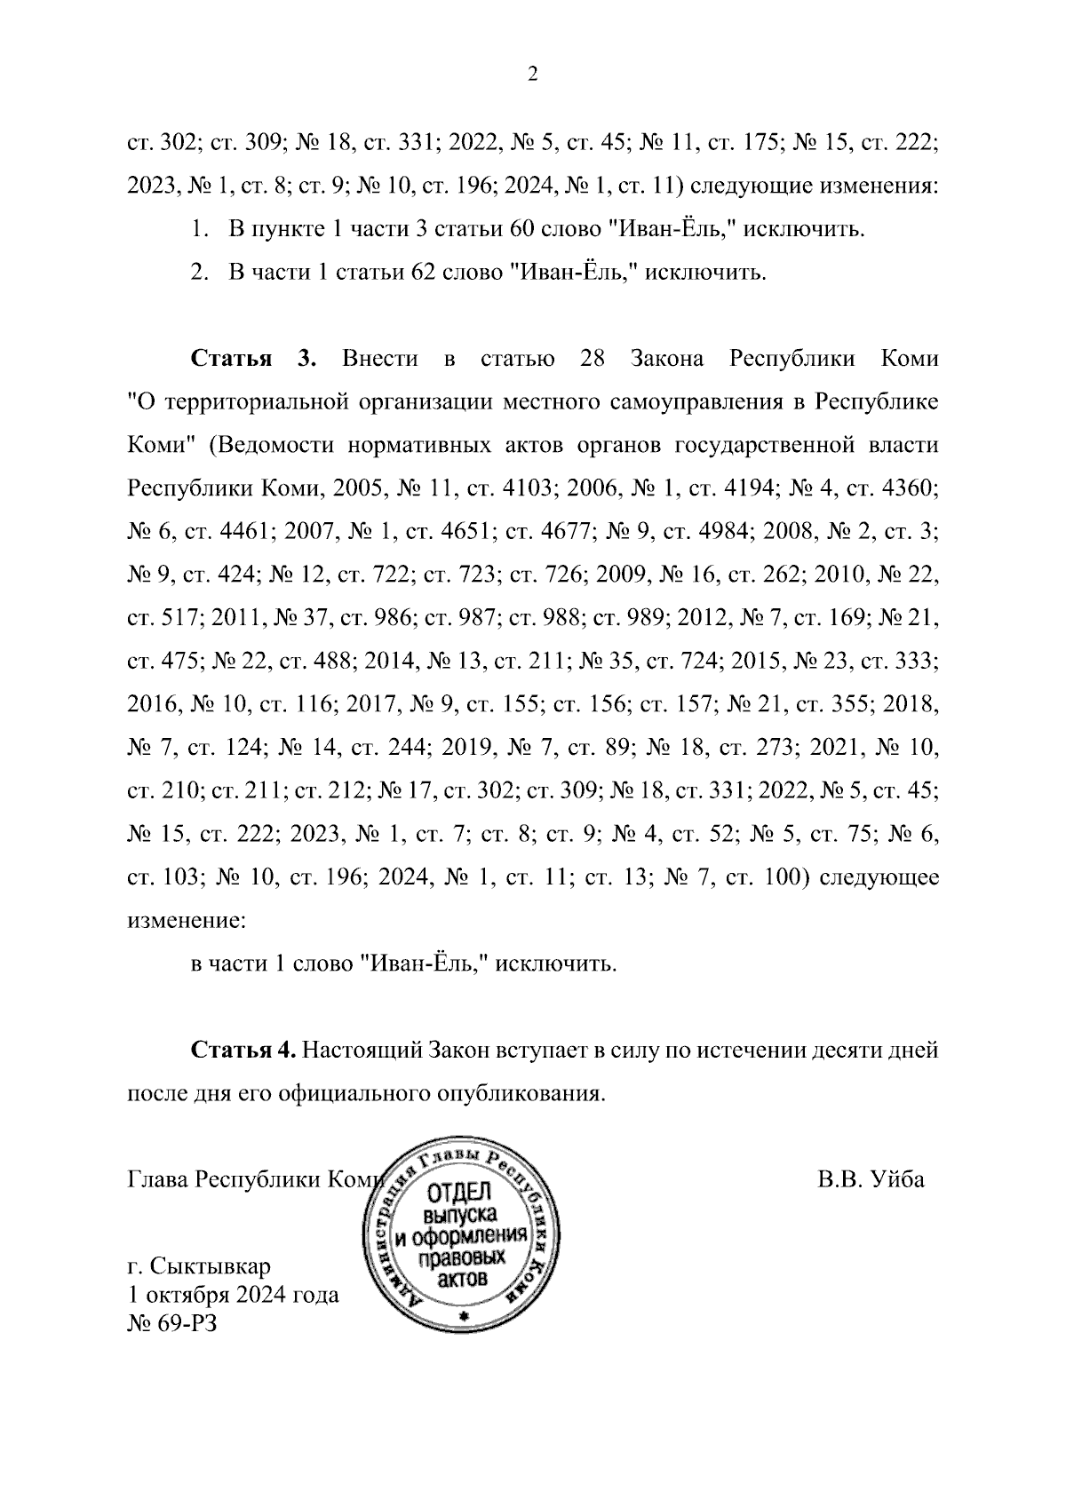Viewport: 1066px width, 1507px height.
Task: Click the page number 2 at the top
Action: [x=533, y=75]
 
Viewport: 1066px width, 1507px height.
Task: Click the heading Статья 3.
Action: [x=253, y=359]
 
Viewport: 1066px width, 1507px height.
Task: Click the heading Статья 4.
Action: [x=243, y=1050]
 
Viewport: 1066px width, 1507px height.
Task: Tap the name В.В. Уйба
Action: [x=871, y=1179]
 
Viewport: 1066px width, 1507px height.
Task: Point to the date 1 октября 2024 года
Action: [x=234, y=1294]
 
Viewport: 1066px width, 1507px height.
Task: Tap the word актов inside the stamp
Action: [x=463, y=1280]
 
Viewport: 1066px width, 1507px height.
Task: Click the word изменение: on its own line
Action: [x=186, y=920]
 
